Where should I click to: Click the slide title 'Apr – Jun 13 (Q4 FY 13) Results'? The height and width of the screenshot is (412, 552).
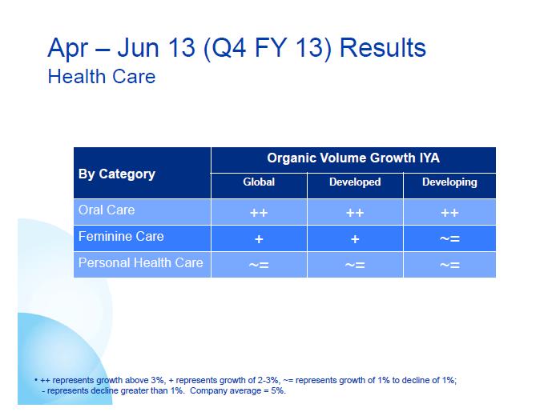point(236,48)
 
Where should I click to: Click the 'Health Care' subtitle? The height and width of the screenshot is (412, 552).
point(101,77)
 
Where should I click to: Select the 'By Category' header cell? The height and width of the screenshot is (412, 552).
point(117,174)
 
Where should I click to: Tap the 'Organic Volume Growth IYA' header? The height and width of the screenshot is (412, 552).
point(353,159)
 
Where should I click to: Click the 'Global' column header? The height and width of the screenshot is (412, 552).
point(259,182)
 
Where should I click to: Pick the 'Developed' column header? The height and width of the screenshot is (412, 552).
point(355,182)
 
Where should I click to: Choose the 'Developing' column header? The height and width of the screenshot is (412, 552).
point(449,182)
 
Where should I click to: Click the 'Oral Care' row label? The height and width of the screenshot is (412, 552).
point(107,210)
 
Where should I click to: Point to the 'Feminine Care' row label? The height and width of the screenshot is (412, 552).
point(121,237)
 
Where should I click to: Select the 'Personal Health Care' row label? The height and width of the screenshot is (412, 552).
point(140,262)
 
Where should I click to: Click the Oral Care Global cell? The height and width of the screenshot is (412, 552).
point(259,213)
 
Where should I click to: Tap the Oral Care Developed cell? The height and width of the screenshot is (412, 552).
point(355,213)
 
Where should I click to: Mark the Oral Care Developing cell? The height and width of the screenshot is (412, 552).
point(449,213)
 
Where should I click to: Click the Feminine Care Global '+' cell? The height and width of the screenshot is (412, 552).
point(259,239)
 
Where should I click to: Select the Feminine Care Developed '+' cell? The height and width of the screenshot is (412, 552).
point(355,239)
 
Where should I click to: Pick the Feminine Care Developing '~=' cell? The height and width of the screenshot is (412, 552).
point(449,239)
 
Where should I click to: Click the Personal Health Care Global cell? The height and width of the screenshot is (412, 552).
point(259,265)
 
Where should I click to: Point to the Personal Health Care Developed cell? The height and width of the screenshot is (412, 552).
point(355,265)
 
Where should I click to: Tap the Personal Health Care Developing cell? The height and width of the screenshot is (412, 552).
point(449,265)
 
